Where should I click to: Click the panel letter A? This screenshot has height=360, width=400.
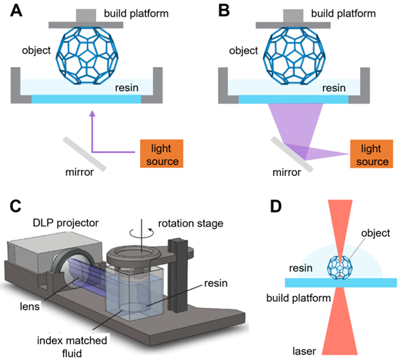[16, 12]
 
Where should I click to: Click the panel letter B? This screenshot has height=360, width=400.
[224, 12]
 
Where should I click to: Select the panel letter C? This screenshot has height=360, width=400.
[16, 206]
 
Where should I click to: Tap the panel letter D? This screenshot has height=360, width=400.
[275, 206]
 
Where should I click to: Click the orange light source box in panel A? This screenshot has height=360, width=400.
[162, 154]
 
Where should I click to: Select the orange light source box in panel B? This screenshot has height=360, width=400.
[372, 154]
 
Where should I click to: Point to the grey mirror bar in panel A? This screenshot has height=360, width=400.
[85, 154]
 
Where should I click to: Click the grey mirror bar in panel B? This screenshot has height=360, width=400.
[292, 154]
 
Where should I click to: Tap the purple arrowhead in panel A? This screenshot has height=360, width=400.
[92, 114]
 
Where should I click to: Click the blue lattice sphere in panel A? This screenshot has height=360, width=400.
[87, 55]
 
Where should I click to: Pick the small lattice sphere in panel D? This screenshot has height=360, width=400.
[340, 267]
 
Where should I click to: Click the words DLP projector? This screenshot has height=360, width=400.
[66, 223]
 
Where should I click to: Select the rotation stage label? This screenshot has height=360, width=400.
[191, 223]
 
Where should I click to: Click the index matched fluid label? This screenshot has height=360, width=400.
[72, 347]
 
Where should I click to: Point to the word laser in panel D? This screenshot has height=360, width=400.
[304, 351]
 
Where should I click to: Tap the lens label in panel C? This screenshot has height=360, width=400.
[30, 307]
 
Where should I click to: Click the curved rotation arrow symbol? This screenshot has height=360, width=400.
[142, 232]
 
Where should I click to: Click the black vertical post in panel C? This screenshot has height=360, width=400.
[178, 275]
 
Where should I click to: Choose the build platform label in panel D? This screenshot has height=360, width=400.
[298, 298]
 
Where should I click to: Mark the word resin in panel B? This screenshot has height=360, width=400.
[334, 88]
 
